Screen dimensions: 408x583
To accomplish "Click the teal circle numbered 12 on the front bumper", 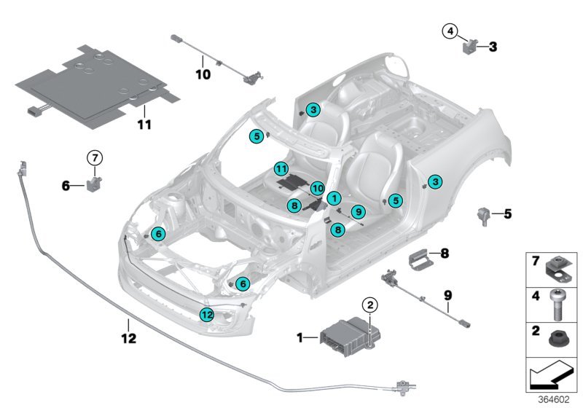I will [207, 315].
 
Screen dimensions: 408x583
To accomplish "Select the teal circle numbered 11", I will [281, 169].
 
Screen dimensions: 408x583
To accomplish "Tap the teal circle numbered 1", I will [333, 197].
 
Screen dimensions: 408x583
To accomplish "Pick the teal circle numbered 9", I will [358, 211].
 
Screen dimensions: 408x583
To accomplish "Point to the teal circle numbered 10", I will [317, 188].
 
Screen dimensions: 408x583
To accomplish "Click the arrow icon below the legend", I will [552, 377].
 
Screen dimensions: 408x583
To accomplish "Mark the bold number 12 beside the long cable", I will [128, 339].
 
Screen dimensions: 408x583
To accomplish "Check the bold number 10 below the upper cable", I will [202, 73].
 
